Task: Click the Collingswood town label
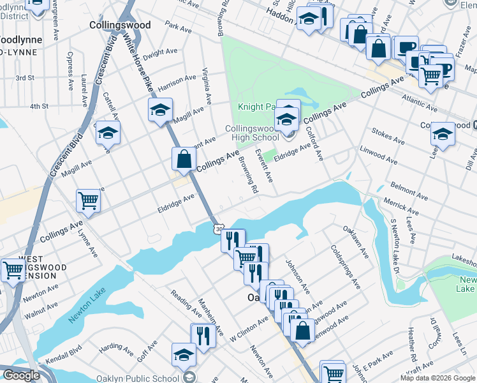[x=120, y=26]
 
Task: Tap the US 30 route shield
[x=219, y=228]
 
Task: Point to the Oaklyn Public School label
[x=138, y=378]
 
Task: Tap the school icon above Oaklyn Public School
[x=184, y=355]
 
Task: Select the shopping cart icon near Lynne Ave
[x=88, y=200]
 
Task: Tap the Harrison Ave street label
[x=177, y=82]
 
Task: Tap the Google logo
[x=22, y=375]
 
